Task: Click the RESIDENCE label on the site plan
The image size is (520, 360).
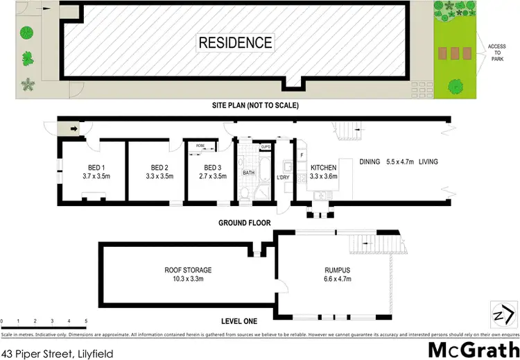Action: click(236, 42)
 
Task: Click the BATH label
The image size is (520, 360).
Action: click(248, 172)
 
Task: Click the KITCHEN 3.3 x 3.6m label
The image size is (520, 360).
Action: click(323, 172)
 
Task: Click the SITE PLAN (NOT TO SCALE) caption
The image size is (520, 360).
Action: click(255, 106)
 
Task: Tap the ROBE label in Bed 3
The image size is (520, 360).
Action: click(200, 146)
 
